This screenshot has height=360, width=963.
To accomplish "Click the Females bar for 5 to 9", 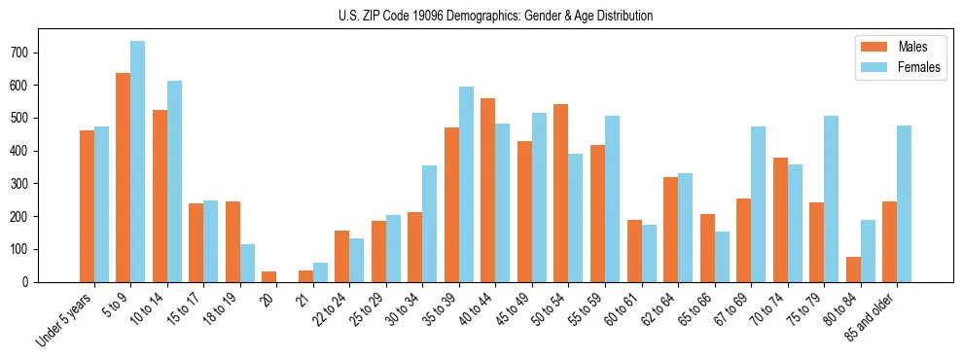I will click(138, 162).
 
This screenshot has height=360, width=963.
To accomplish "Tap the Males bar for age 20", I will click(269, 276).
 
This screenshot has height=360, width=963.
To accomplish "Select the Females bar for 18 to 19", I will click(248, 263).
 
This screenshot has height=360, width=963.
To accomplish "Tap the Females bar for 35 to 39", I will click(466, 184).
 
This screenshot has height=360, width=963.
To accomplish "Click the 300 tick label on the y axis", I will click(28, 184).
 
